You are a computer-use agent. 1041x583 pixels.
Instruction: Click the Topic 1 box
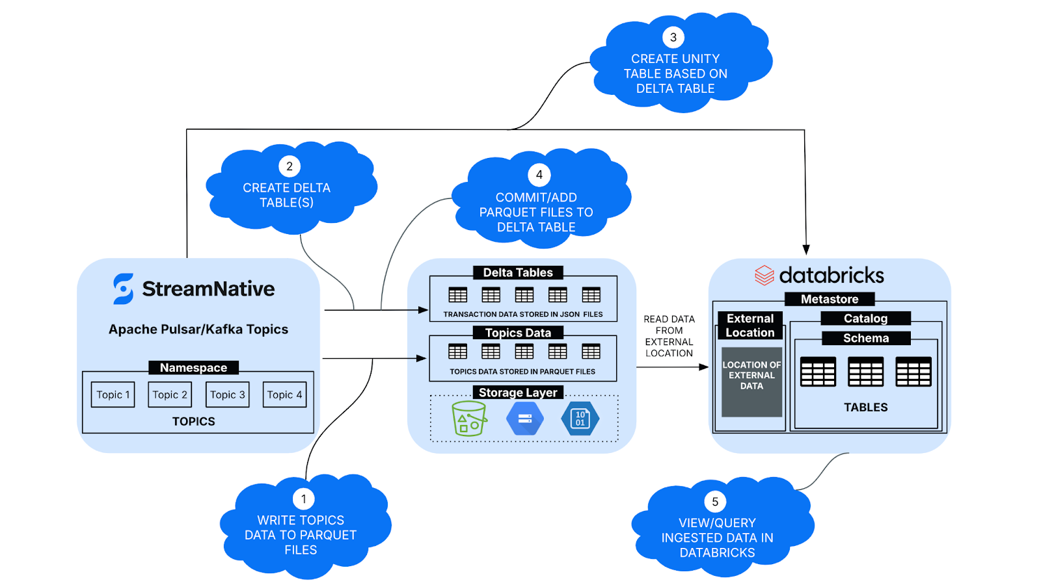113,395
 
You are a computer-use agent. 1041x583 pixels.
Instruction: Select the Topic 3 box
228,395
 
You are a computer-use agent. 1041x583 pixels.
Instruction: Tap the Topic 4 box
284,395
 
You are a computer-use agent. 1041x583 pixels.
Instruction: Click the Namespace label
194,368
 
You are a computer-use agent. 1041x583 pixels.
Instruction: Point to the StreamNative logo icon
123,289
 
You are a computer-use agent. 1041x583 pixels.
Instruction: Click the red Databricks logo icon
764,276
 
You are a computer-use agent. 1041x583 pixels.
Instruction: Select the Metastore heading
830,299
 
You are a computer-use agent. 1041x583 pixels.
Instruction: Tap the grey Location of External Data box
751,382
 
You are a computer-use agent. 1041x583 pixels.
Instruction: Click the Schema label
866,338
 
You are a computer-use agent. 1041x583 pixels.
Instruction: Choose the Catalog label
865,318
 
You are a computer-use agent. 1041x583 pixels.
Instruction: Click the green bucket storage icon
469,418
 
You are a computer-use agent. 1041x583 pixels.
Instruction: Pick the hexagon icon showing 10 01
580,419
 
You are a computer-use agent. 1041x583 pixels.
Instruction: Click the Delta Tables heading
518,272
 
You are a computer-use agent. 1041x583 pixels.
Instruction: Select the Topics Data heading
518,333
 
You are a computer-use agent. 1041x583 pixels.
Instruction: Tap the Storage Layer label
518,393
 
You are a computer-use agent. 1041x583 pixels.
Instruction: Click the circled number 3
673,38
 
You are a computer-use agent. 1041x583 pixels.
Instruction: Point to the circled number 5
715,502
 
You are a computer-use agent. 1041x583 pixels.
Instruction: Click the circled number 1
303,499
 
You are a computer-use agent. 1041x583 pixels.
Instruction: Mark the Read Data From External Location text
669,336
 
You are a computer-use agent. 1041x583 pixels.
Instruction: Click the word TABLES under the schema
866,408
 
